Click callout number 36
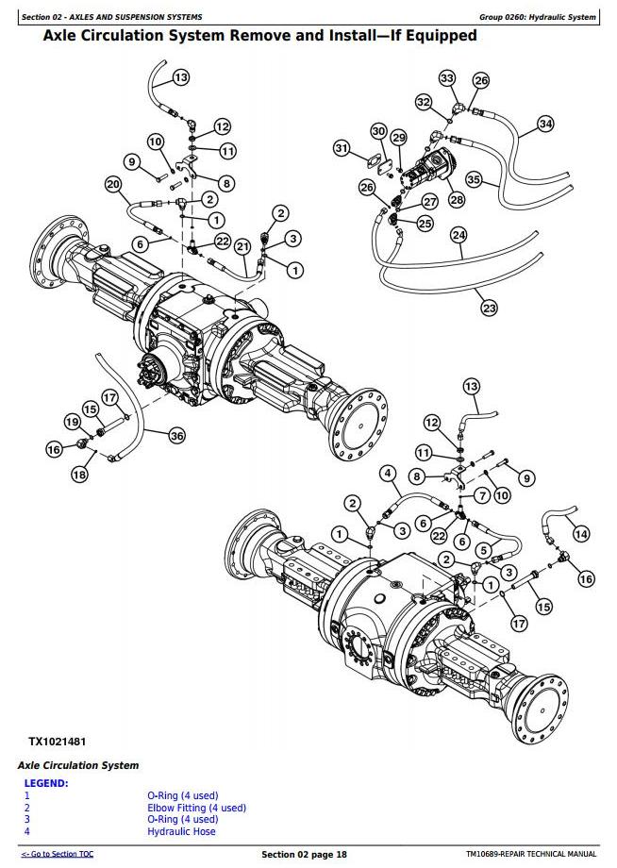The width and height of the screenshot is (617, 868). tap(176, 435)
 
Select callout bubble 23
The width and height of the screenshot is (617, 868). tap(489, 308)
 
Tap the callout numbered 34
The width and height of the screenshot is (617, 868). tap(545, 124)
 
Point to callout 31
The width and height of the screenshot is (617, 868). tap(342, 148)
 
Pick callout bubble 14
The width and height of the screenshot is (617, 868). tap(581, 534)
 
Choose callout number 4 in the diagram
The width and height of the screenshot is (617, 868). tap(387, 473)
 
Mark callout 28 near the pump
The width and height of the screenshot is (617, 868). tap(457, 199)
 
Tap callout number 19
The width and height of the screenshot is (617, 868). tap(72, 421)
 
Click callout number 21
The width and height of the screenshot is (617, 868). tap(242, 246)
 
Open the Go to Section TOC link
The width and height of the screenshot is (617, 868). tap(57, 854)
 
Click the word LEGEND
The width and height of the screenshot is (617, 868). tap(45, 782)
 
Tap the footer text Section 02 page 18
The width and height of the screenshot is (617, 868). tap(304, 854)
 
